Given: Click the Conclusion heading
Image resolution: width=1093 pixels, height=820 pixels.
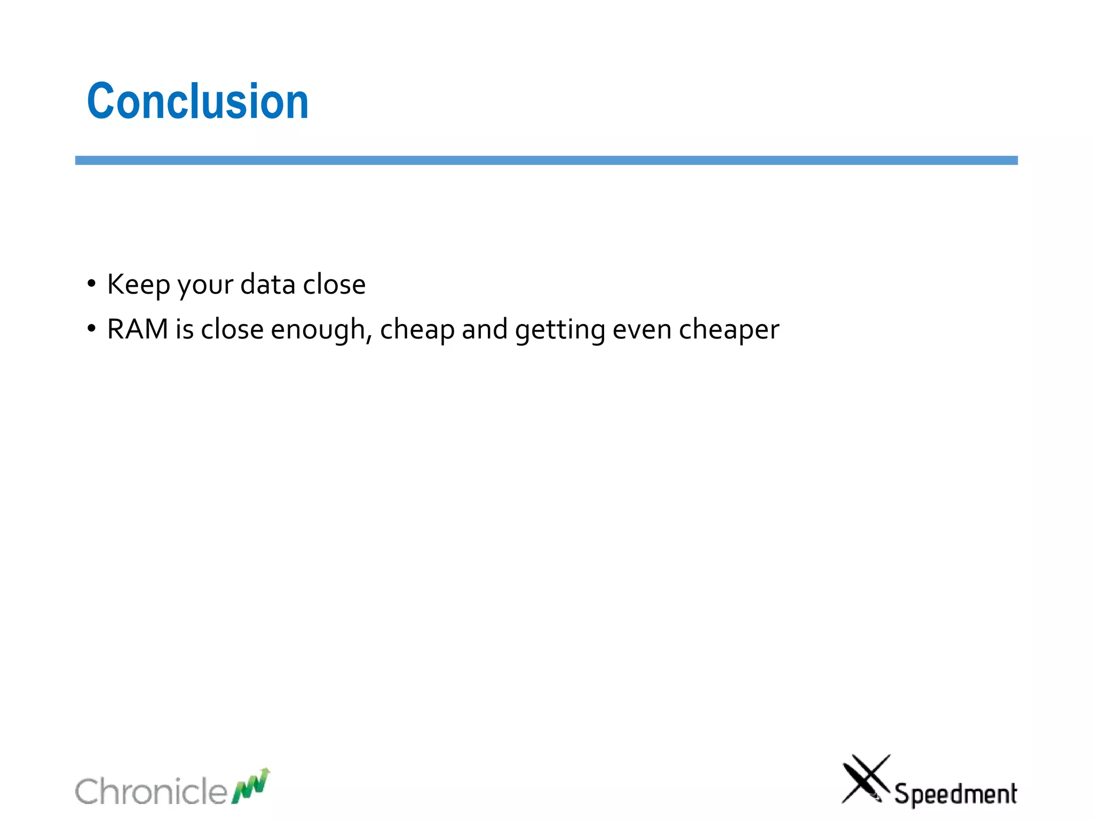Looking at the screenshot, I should point(197,101).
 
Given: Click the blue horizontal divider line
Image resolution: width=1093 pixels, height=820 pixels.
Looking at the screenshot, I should point(546,160).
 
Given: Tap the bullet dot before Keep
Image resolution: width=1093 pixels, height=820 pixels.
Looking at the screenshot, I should point(92,283).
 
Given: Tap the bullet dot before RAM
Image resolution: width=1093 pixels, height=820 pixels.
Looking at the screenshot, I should point(92,328).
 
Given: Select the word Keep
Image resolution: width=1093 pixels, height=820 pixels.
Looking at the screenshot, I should point(138,285).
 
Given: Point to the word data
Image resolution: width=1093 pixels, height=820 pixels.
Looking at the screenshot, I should point(267,285).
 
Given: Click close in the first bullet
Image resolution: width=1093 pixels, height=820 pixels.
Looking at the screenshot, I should point(334,285).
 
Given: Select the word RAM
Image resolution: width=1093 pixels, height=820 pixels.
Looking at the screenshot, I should point(138,329).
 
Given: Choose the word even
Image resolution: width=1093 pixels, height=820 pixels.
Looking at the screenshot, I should point(641,329).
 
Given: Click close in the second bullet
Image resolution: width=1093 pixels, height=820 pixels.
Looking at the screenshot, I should point(232,329).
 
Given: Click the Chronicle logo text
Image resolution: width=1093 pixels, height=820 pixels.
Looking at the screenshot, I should point(151,791).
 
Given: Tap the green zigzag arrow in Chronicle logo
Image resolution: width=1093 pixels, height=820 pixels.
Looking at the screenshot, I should point(251,786).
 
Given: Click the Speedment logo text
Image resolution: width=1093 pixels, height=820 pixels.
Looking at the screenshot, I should point(955,794).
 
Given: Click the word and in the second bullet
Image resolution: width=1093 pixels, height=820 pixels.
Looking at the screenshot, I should point(485,329).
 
